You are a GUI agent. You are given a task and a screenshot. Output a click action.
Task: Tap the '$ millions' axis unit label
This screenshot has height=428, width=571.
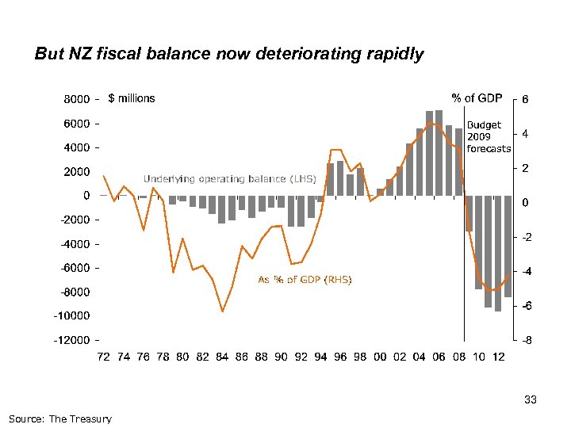point(132,98)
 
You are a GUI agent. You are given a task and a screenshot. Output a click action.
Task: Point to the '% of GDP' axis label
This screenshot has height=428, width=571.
point(477,98)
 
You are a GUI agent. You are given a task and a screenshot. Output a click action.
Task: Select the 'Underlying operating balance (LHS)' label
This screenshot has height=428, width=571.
point(229,178)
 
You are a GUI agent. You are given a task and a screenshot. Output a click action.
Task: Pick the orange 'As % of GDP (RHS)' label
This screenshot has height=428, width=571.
point(305,280)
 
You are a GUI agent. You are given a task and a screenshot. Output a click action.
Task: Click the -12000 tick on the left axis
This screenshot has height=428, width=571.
point(71,340)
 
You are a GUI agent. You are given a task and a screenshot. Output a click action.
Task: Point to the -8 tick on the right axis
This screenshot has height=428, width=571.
point(525,340)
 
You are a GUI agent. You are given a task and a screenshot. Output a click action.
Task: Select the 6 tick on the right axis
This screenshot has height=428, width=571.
point(525,99)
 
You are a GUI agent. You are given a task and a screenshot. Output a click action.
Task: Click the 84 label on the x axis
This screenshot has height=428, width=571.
point(222,357)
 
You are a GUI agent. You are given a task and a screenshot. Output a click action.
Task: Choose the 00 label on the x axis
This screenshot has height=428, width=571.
point(380,357)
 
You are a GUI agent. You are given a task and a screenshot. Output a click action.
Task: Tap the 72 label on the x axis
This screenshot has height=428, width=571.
point(104,357)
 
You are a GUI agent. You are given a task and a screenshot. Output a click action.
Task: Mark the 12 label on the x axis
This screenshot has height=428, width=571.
point(498,357)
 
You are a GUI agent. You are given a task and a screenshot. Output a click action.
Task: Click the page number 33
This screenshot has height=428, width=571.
point(531,400)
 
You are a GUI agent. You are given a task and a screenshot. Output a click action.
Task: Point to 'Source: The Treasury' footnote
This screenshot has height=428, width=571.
point(60,418)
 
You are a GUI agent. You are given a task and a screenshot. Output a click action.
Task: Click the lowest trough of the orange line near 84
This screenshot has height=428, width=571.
point(223,311)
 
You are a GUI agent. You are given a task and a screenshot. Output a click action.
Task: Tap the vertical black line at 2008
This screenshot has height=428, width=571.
point(464,238)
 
